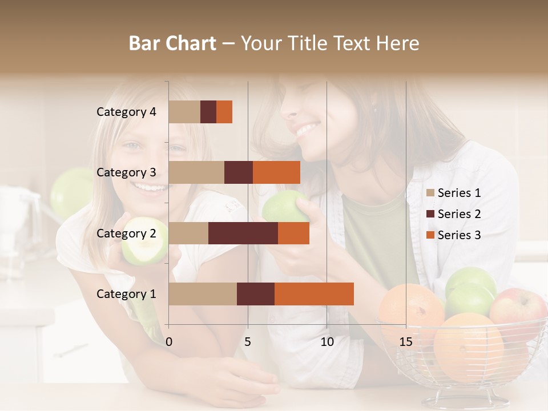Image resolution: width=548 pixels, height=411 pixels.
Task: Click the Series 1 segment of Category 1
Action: [203, 293]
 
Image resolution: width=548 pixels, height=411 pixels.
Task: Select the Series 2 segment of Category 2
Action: [243, 233]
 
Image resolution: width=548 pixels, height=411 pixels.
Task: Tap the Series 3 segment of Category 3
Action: [276, 172]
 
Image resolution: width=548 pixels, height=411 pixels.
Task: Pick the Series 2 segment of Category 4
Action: [208, 112]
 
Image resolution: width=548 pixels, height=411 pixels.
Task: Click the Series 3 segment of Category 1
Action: [314, 293]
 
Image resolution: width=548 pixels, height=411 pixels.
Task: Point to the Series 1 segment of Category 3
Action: [196, 172]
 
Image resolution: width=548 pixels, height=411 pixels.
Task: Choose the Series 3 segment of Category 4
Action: [224, 112]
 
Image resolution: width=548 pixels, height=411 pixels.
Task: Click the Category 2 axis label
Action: [126, 233]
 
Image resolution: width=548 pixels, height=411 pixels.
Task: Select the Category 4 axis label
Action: [126, 112]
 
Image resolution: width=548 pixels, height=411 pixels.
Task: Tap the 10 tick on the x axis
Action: [327, 342]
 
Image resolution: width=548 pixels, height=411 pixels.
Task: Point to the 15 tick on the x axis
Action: [406, 342]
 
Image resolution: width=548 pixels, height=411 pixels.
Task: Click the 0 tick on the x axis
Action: [169, 342]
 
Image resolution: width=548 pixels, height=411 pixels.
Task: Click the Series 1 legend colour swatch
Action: [430, 193]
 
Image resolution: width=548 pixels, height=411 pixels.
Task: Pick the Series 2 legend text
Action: [459, 214]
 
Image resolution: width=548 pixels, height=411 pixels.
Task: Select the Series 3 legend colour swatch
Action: [430, 235]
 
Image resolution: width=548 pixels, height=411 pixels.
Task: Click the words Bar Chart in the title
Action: [172, 43]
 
